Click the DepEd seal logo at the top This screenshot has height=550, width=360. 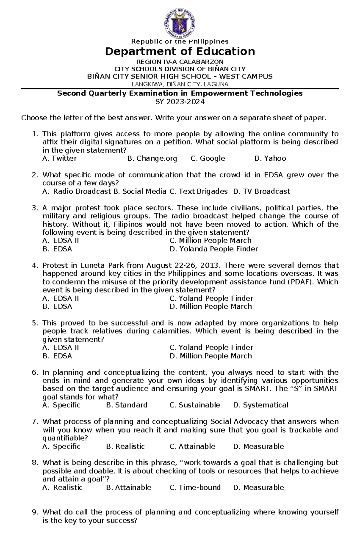pyautogui.click(x=180, y=23)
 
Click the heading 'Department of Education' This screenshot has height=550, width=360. pyautogui.click(x=180, y=52)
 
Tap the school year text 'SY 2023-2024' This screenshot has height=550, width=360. pyautogui.click(x=180, y=102)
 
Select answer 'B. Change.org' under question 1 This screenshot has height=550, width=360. pyautogui.click(x=152, y=159)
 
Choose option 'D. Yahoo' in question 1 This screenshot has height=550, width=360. pyautogui.click(x=270, y=159)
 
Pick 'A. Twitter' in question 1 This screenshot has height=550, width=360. pyautogui.click(x=59, y=159)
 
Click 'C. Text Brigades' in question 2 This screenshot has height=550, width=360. pyautogui.click(x=198, y=192)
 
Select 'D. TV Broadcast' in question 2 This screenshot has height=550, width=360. pyautogui.click(x=261, y=192)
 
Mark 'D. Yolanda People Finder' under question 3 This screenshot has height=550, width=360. pyautogui.click(x=213, y=249)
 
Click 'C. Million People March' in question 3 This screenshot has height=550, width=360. pyautogui.click(x=210, y=241)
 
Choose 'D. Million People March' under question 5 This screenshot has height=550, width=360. pyautogui.click(x=211, y=356)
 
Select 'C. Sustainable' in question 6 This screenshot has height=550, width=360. pyautogui.click(x=194, y=405)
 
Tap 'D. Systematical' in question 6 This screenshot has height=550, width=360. pyautogui.click(x=260, y=405)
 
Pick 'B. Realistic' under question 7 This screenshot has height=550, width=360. pyautogui.click(x=125, y=447)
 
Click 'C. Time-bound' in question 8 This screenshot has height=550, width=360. pyautogui.click(x=195, y=488)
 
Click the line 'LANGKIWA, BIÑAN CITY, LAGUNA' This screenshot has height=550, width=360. pyautogui.click(x=180, y=84)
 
